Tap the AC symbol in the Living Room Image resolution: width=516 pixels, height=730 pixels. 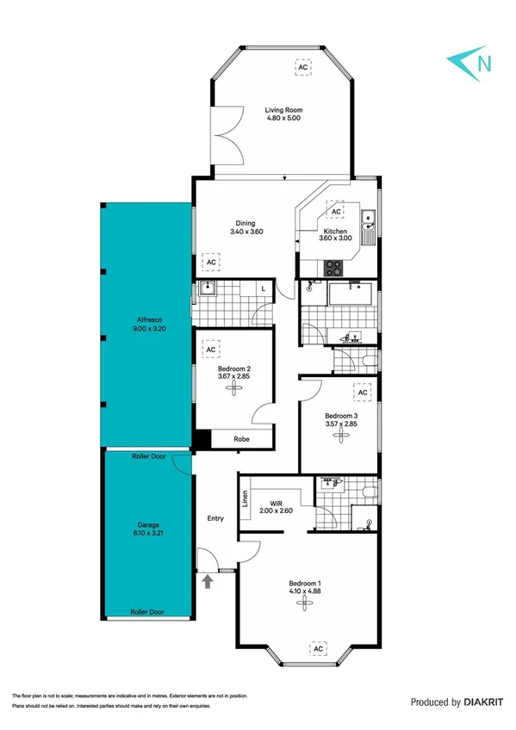tap(302, 66)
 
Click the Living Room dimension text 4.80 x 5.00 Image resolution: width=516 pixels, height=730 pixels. tap(283, 120)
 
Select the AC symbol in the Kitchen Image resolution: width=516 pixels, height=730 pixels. tap(335, 211)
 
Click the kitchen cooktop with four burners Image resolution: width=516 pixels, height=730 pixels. tap(333, 269)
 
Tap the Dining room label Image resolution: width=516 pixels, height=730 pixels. tap(246, 223)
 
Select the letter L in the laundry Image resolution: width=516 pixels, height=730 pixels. tap(263, 289)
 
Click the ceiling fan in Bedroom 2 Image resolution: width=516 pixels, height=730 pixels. tap(233, 387)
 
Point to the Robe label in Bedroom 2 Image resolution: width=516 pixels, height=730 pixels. tap(244, 439)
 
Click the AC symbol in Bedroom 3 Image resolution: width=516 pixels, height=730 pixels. tap(363, 393)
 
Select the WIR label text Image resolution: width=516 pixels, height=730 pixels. tap(277, 502)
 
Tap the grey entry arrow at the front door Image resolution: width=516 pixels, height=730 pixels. tap(207, 582)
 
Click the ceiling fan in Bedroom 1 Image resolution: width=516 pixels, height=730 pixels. tap(303, 603)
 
